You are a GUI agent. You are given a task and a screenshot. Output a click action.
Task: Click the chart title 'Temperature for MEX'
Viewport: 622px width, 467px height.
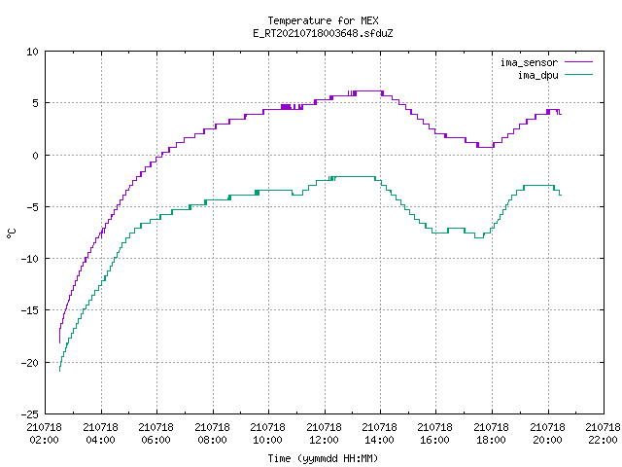(323, 20)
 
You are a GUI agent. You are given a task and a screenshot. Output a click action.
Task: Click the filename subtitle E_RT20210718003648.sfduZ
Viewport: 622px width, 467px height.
(323, 33)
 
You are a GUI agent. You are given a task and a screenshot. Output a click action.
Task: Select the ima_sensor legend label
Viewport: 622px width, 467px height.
(529, 62)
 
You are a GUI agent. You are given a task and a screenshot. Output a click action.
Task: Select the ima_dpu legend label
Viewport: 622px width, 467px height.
(537, 75)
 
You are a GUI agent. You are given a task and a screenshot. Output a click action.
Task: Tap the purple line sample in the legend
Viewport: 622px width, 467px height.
(578, 62)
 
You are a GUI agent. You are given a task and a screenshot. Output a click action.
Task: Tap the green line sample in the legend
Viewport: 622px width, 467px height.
(578, 74)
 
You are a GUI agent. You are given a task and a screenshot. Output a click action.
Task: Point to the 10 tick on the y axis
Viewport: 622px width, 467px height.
(32, 52)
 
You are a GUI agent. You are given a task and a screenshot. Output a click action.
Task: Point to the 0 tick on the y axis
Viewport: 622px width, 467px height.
(35, 156)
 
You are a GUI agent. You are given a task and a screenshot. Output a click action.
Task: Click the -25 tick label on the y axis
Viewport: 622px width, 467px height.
(30, 414)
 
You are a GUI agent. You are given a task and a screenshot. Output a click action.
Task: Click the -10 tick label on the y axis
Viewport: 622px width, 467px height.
(30, 259)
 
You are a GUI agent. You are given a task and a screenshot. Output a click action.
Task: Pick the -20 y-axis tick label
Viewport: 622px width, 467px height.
(30, 363)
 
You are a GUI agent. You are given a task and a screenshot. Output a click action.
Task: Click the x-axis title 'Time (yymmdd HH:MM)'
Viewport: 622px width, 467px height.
(323, 458)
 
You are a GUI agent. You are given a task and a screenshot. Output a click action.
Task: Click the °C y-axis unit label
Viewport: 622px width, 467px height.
(12, 233)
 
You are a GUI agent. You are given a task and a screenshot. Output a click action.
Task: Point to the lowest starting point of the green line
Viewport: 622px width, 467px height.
(59, 372)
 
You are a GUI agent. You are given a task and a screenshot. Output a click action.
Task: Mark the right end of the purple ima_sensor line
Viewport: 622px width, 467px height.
(561, 115)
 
